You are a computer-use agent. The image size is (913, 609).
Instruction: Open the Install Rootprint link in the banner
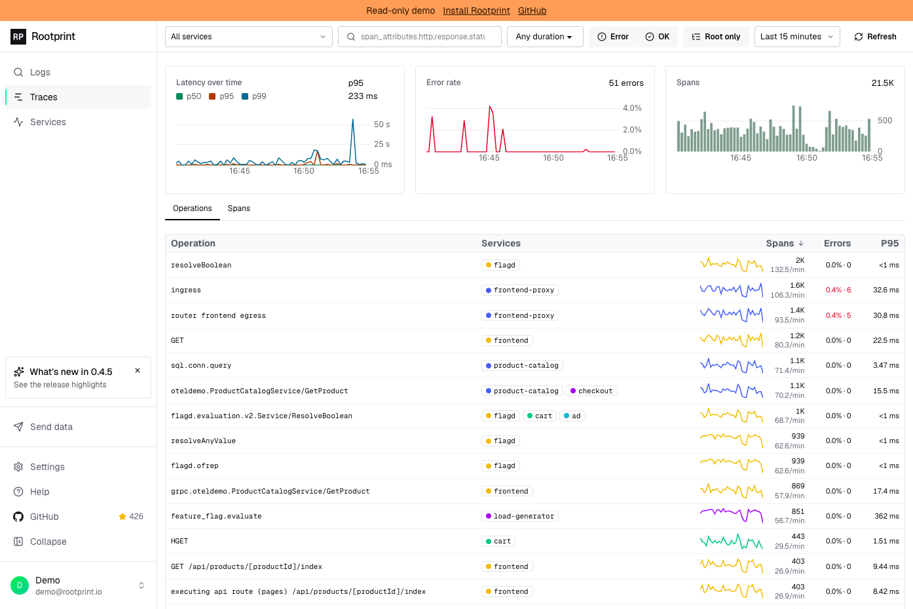point(476,10)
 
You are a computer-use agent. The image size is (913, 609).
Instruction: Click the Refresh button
point(875,37)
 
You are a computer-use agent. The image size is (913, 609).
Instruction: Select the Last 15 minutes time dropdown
point(797,37)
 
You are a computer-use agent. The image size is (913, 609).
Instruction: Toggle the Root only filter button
point(716,37)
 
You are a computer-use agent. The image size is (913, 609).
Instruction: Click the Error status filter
point(613,37)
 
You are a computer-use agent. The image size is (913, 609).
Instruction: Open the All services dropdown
point(249,37)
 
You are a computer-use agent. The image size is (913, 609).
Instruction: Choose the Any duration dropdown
point(545,37)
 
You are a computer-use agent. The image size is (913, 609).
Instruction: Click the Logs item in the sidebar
point(40,72)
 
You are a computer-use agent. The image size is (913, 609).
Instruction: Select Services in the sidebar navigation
point(48,122)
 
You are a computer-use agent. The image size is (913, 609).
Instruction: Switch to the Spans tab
point(239,208)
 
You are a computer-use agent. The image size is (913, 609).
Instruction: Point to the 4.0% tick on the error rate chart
point(632,108)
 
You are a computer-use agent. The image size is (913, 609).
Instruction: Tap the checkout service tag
point(591,391)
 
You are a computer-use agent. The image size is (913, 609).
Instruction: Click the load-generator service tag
point(519,516)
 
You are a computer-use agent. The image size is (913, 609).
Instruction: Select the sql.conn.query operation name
point(201,366)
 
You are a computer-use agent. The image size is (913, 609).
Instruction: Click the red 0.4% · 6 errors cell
point(838,290)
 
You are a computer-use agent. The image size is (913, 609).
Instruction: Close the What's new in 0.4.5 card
point(138,370)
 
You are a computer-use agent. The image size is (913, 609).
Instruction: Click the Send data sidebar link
point(51,427)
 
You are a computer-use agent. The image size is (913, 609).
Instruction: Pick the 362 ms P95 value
point(887,516)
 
